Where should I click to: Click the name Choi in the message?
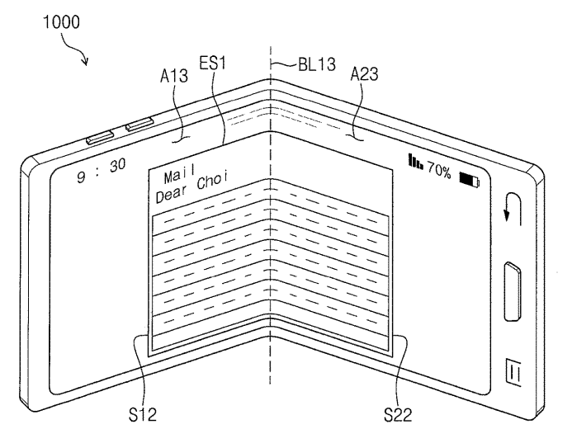click(x=212, y=182)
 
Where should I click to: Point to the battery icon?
click(x=469, y=178)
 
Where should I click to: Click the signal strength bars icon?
click(x=415, y=159)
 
